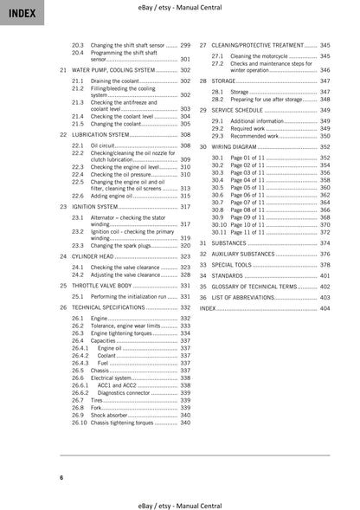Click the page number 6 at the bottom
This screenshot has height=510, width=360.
(61, 478)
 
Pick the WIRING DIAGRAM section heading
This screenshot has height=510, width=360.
(235, 147)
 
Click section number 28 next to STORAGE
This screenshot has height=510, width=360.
(202, 80)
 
